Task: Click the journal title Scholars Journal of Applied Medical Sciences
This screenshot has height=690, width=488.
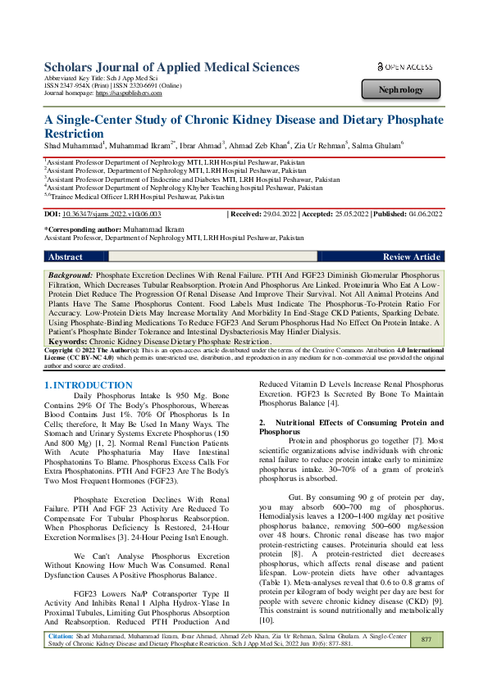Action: (x=171, y=67)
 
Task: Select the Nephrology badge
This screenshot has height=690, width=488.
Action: (x=402, y=89)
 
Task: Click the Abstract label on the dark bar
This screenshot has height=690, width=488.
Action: (x=65, y=256)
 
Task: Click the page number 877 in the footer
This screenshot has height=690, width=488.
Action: (x=426, y=660)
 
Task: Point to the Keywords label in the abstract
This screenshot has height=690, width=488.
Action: (x=67, y=339)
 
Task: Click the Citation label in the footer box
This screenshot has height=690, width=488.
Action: (x=62, y=656)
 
